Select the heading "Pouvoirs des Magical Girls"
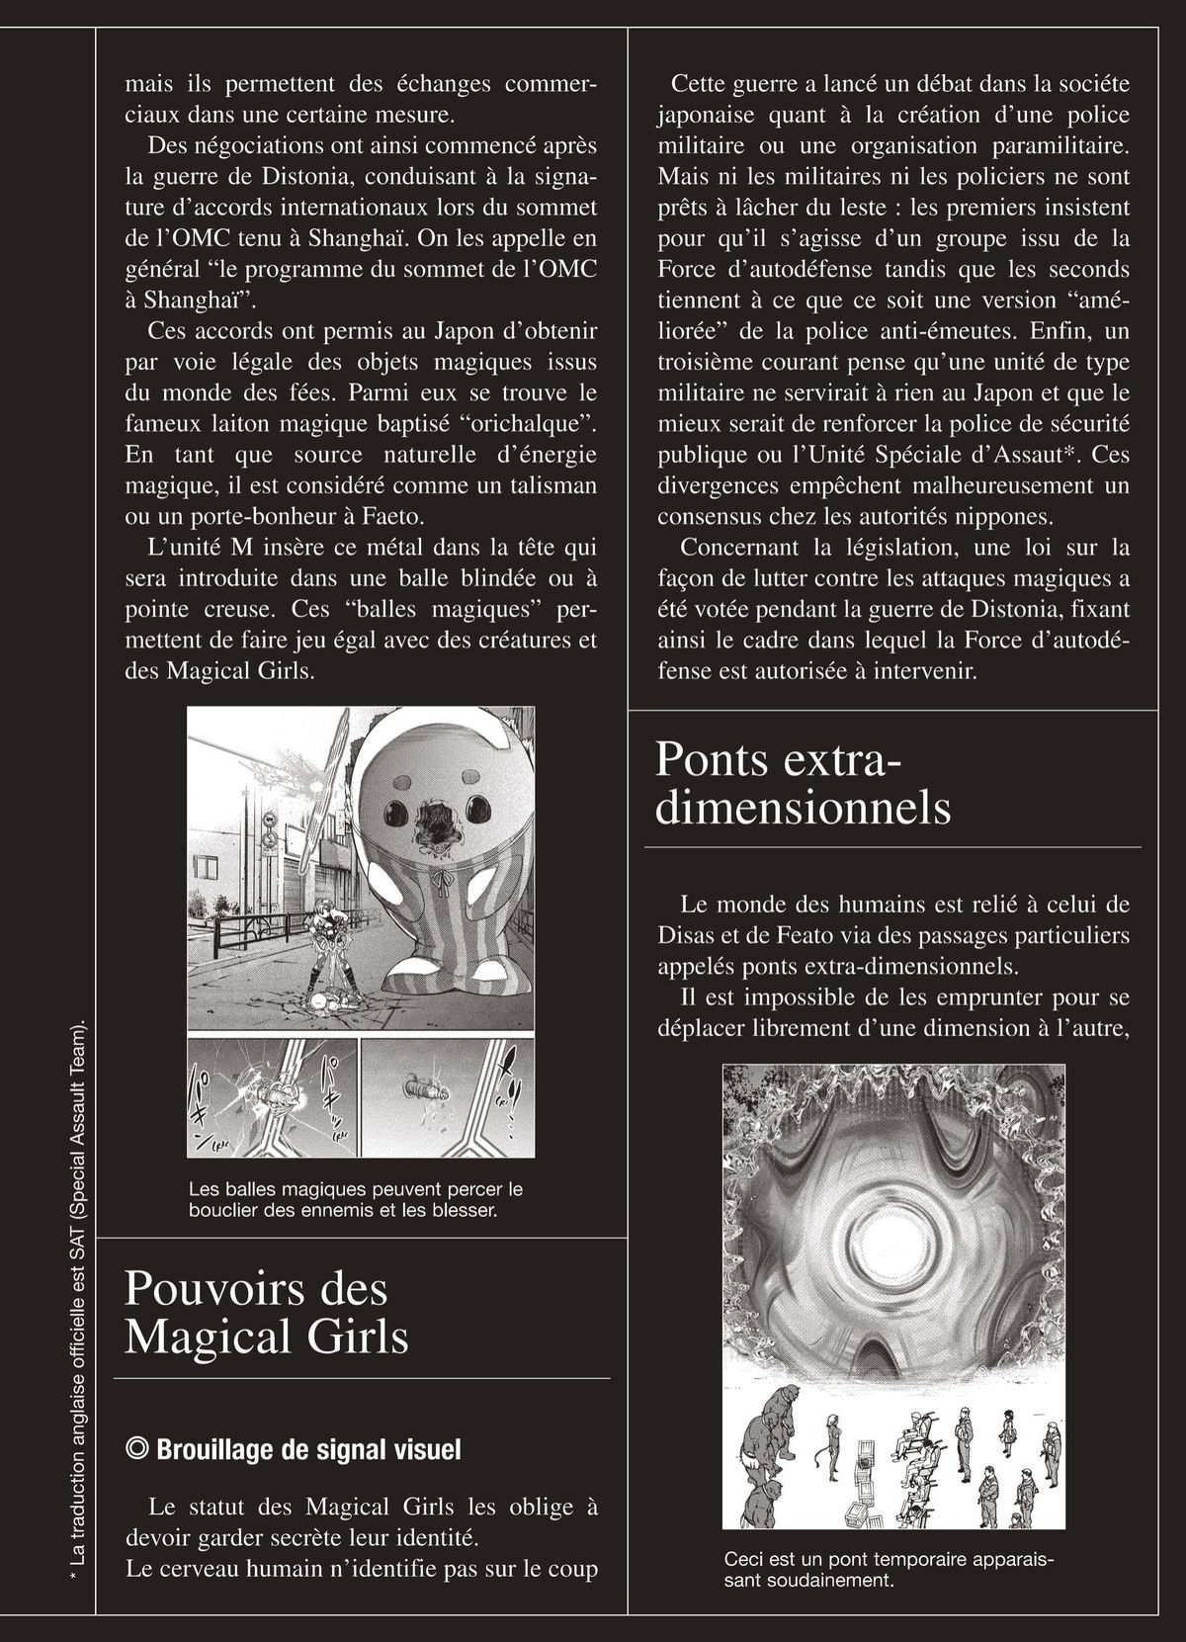(x=267, y=1312)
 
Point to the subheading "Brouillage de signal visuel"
(x=308, y=1449)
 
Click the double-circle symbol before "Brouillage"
(x=138, y=1449)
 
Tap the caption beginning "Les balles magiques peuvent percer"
(x=356, y=1199)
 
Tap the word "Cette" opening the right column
(x=700, y=84)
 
